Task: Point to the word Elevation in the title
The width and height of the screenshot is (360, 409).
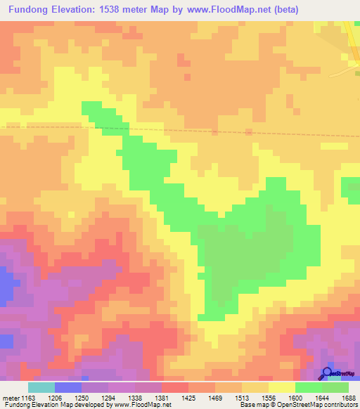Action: pyautogui.click(x=82, y=10)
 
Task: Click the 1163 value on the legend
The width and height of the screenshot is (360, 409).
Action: pyautogui.click(x=28, y=397)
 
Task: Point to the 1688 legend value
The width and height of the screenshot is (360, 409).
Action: pyautogui.click(x=349, y=397)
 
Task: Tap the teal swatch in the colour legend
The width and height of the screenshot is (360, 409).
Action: pyautogui.click(x=41, y=387)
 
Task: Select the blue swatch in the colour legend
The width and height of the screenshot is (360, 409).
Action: pyautogui.click(x=68, y=387)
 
